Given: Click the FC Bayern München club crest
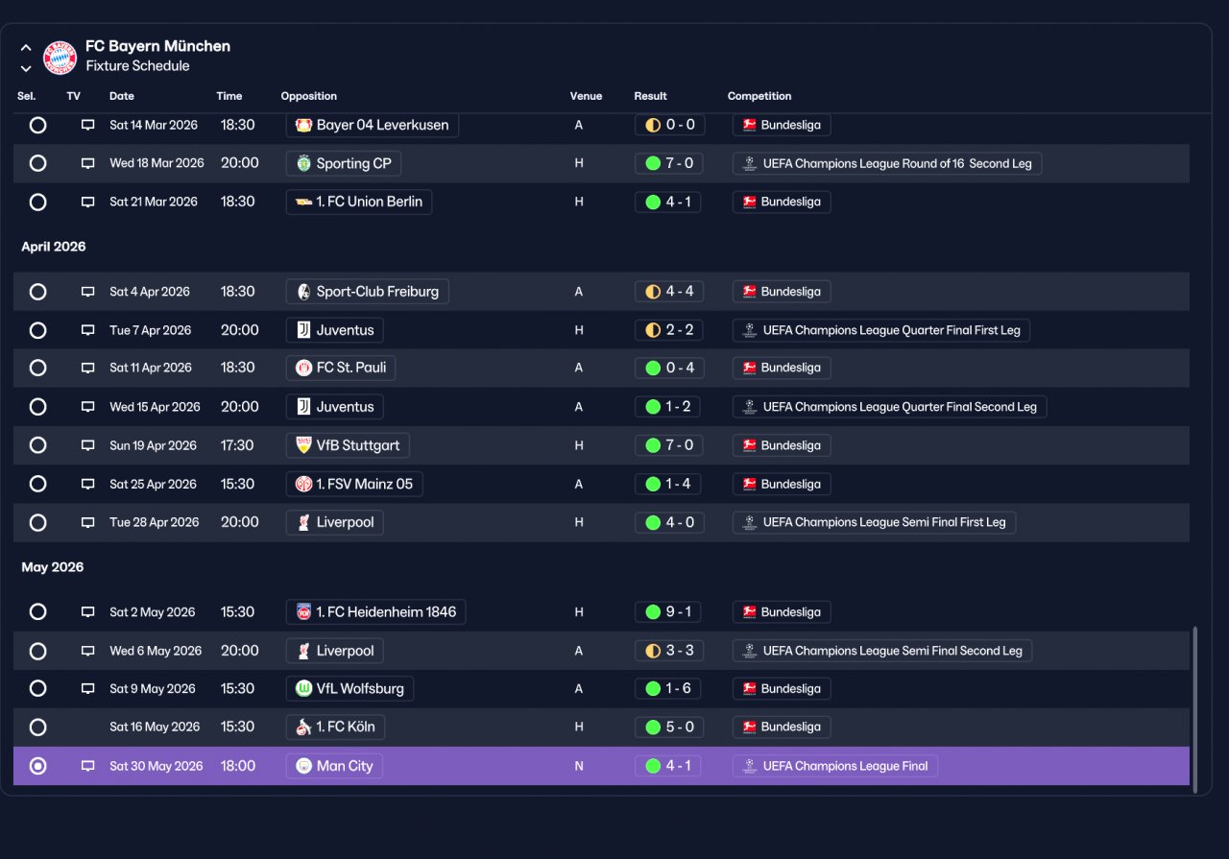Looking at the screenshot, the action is click(60, 57).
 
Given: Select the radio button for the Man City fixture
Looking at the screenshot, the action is click(37, 766).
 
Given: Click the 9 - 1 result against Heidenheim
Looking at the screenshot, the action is click(667, 611).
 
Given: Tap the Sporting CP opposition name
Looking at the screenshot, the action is click(353, 163).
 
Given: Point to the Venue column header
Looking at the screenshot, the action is click(586, 96).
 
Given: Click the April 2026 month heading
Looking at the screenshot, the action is click(53, 247).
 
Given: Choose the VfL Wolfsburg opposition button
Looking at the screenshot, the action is click(349, 688).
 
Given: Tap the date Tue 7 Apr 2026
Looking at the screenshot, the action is click(151, 330).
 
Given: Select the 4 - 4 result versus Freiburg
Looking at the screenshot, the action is click(669, 291).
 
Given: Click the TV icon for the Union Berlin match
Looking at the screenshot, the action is click(87, 202).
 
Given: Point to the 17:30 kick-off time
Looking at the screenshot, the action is click(237, 445).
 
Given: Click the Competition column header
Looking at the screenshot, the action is click(759, 96).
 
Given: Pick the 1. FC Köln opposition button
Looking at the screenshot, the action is click(335, 727).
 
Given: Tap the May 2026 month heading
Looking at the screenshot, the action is click(52, 567).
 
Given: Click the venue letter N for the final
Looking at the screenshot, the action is click(579, 766).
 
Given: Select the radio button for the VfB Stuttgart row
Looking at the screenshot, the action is click(37, 445).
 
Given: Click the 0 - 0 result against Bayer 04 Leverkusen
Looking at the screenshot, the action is click(669, 125).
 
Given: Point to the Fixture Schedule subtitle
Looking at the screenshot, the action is click(137, 66).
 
